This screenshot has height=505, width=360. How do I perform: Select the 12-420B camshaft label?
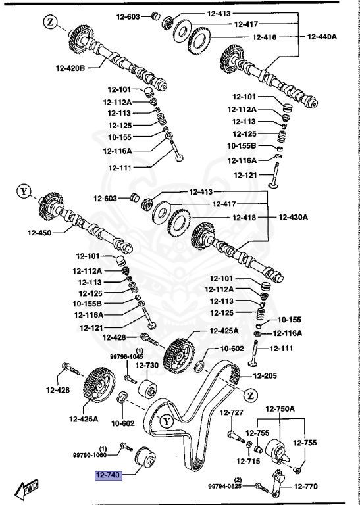tap(71, 66)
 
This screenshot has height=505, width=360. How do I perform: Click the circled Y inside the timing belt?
tap(167, 421)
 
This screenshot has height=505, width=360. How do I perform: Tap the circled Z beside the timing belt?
tap(250, 395)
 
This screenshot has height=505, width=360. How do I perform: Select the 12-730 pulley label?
tap(147, 366)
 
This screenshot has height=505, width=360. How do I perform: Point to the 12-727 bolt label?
tap(232, 413)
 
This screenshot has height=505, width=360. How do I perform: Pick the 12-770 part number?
tap(305, 487)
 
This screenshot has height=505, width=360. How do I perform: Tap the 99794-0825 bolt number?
tap(226, 487)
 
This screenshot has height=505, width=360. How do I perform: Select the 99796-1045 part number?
tap(127, 356)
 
